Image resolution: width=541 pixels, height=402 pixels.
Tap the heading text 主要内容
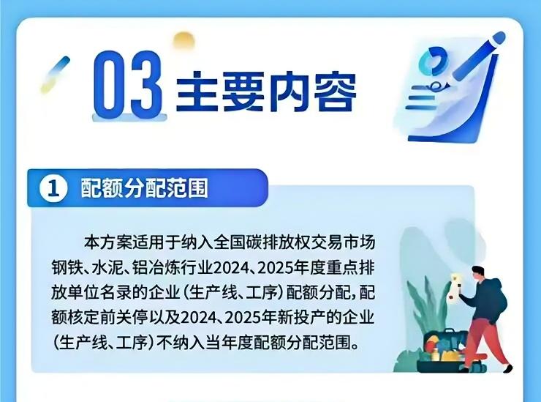(266, 91)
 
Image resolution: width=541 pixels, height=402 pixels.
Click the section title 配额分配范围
(145, 188)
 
